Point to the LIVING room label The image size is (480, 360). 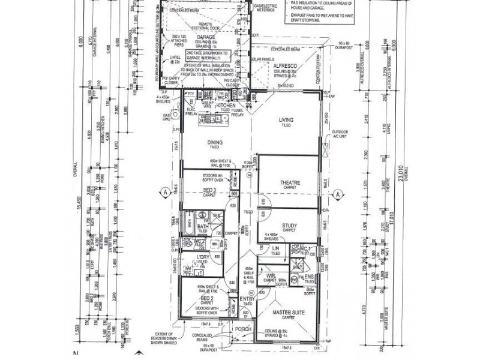(x=286, y=119)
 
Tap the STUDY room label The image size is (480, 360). (x=289, y=225)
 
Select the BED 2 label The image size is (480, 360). (x=207, y=298)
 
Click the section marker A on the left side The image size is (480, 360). (x=163, y=193)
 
